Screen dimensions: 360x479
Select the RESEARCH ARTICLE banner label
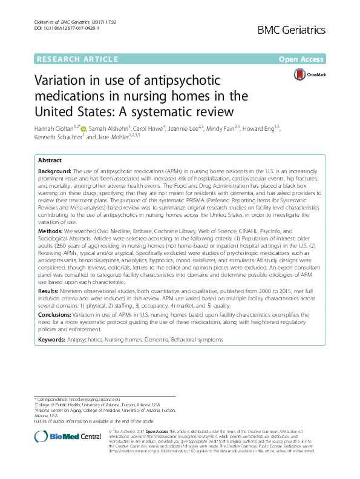tap(77, 59)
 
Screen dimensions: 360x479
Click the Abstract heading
tap(50, 160)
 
